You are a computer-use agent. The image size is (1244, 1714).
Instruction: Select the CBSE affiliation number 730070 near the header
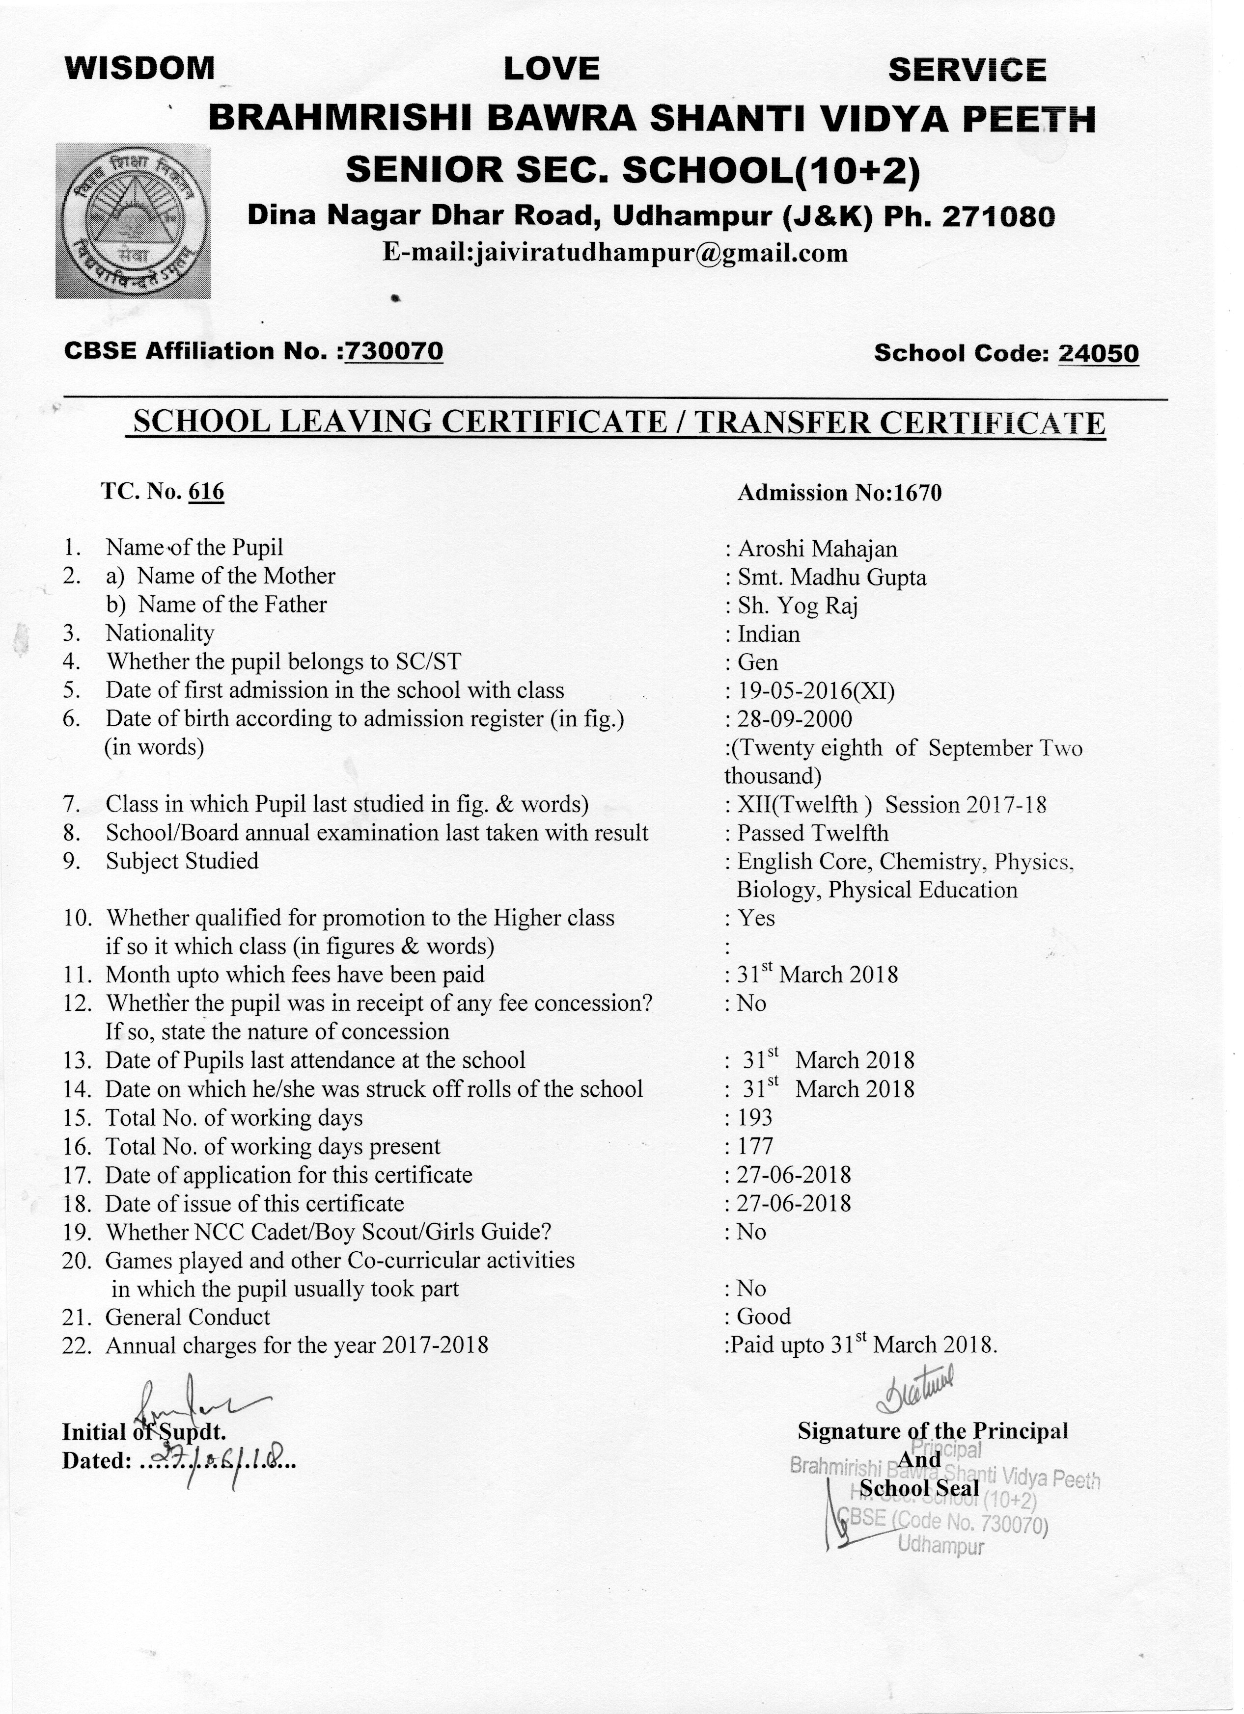tap(393, 351)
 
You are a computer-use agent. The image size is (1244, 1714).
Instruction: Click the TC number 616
tap(206, 492)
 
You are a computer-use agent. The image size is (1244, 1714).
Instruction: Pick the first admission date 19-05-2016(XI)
tap(815, 691)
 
